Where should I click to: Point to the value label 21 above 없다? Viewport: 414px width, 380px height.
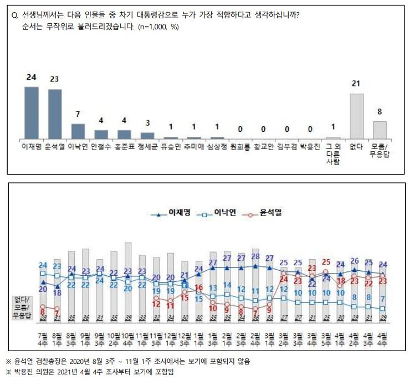pos(356,84)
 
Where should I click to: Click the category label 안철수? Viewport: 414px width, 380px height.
pos(101,147)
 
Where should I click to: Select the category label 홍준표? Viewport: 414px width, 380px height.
pos(124,147)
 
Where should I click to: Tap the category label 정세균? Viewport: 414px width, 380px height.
pos(147,147)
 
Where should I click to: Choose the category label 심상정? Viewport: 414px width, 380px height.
pos(217,147)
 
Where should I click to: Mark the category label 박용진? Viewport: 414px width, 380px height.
pos(310,147)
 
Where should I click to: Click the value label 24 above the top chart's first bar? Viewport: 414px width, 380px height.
pos(31,77)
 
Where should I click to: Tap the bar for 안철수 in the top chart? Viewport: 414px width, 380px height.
pos(101,134)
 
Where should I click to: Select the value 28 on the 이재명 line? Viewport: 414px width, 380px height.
pos(255,256)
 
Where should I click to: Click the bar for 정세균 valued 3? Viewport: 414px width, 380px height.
pos(147,135)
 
